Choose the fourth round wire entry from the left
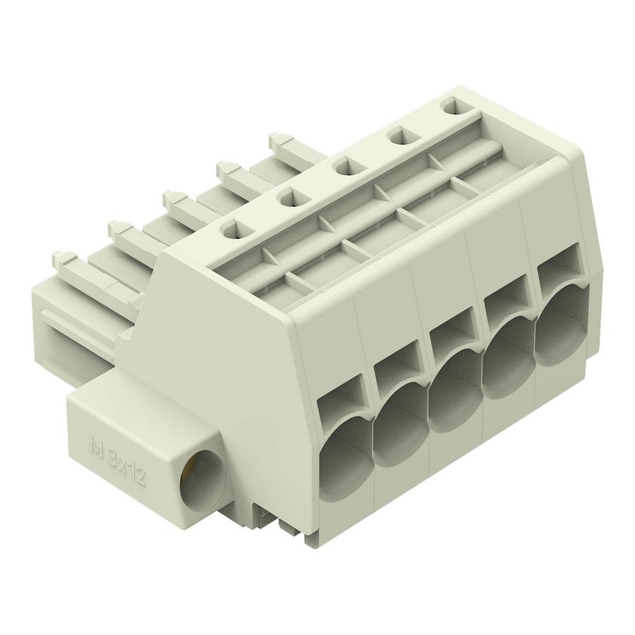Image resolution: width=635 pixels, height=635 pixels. click(x=505, y=376)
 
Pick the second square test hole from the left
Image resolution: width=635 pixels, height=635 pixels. click(x=287, y=199)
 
